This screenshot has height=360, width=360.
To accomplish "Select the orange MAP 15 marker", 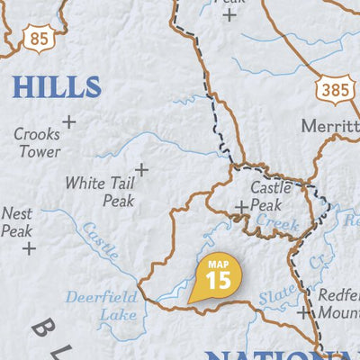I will point(216,275).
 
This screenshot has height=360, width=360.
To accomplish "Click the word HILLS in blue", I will point(56,87).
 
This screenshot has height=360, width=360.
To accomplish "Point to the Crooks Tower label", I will point(37,142).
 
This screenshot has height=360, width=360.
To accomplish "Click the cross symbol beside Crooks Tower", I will point(68,121).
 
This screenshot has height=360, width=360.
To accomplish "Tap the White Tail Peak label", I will point(99,191).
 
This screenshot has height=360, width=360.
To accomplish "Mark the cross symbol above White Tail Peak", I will point(141,169).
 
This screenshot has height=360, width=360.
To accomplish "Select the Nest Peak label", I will point(17,222).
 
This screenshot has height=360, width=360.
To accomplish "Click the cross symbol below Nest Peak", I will point(29,247).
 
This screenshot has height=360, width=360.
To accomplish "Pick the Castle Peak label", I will point(270,196).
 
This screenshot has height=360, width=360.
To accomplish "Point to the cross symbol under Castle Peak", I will point(241,208).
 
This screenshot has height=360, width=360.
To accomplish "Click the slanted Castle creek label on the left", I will point(99,240).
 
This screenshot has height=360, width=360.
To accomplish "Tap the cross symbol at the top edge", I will point(229,14).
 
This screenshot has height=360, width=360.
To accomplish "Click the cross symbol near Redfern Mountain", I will point(302,312).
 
